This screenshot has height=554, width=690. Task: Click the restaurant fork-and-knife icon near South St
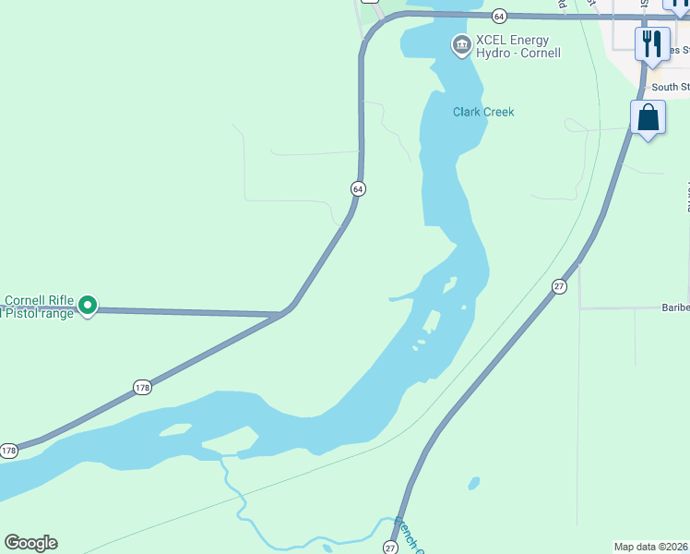point(652,42)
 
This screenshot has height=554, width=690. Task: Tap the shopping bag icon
point(648,117)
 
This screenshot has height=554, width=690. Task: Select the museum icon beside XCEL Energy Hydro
point(460,44)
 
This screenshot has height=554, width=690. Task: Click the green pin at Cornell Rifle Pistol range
point(88,304)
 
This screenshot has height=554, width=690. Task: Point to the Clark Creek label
point(483,112)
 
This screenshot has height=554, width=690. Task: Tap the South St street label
point(670,88)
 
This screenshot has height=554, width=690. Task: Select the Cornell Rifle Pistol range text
point(37,307)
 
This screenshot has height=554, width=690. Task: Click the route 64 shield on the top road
point(499,16)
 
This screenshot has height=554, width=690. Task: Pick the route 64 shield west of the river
point(358,188)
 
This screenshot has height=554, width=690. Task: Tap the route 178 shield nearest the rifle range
point(141,387)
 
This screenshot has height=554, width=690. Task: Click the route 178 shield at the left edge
point(8,451)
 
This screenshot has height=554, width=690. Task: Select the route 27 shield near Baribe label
point(559,287)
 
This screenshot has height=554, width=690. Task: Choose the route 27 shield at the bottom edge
point(390,548)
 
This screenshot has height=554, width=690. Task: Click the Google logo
point(30,543)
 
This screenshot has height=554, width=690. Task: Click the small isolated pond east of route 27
point(474,483)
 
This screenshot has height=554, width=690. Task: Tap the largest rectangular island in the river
point(431,320)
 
